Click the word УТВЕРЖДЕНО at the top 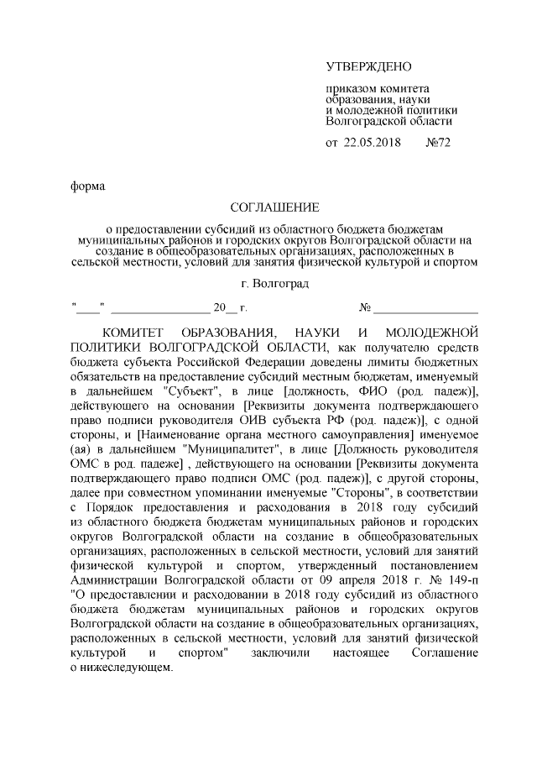(368, 66)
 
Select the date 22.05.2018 (373, 142)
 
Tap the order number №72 (440, 142)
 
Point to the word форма (87, 186)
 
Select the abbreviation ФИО (389, 390)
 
